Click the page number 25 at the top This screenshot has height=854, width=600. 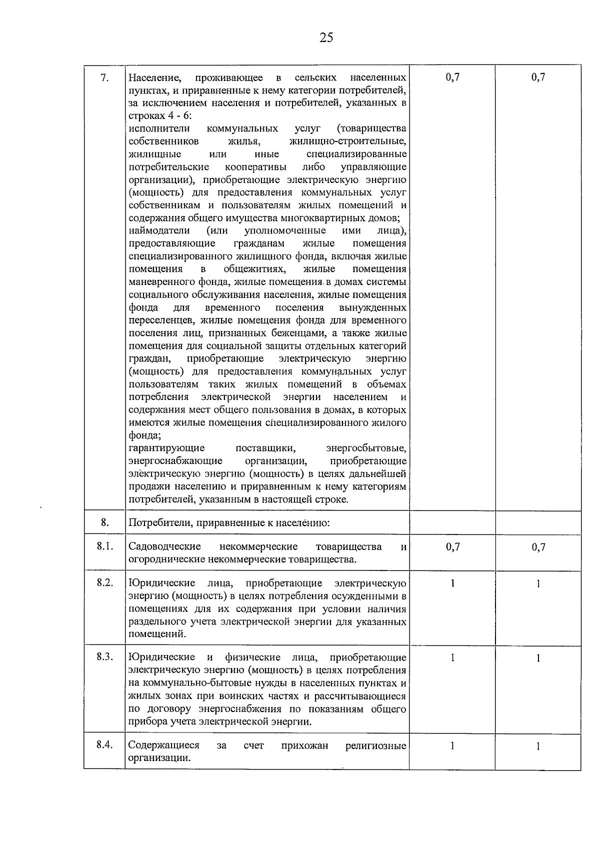[x=325, y=37]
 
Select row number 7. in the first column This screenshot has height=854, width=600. [x=104, y=77]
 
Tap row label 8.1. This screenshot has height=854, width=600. [x=104, y=546]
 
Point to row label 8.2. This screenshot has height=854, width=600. [x=104, y=583]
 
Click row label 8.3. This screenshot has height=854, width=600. [x=104, y=657]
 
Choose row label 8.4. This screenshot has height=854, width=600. [x=104, y=745]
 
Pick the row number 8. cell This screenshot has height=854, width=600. [x=104, y=522]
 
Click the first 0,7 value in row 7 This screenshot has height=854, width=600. [x=452, y=77]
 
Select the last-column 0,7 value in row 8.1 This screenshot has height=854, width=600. [x=538, y=547]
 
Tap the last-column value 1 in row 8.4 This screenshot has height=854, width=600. [x=538, y=746]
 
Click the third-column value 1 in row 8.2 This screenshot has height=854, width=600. [x=452, y=583]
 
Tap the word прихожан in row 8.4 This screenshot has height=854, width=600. [x=304, y=745]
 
